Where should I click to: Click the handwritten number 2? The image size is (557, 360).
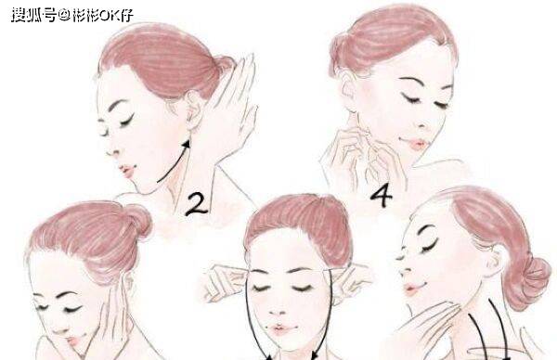click(196, 205)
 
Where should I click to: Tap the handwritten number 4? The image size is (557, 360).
click(382, 197)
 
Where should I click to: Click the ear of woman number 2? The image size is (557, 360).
click(194, 110)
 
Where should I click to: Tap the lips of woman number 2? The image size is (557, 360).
click(129, 171)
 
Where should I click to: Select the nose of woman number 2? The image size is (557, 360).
click(113, 149)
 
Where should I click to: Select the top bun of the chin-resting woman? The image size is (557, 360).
click(139, 220)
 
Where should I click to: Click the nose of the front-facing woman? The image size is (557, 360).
click(278, 308)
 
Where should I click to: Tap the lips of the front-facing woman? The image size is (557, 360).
click(280, 329)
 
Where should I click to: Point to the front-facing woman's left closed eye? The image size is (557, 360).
click(260, 287)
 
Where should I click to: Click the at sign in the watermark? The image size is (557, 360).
click(64, 15)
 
